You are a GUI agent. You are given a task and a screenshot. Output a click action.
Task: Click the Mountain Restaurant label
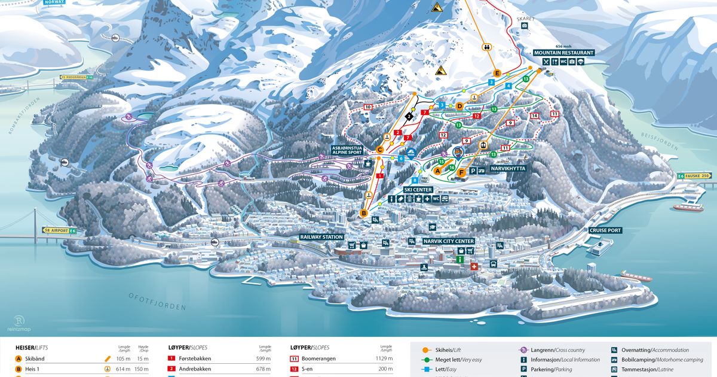[565, 53]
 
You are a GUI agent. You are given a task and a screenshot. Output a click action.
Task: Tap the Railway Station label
[321, 237]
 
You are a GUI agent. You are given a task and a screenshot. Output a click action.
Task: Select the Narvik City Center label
[449, 241]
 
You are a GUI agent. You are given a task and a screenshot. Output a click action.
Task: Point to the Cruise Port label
[605, 230]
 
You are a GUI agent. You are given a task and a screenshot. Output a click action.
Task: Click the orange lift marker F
[461, 172]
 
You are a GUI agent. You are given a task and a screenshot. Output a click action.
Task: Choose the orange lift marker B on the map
[363, 213]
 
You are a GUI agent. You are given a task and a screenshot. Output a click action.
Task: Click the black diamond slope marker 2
[409, 115]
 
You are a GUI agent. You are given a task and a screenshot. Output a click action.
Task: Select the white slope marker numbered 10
[367, 107]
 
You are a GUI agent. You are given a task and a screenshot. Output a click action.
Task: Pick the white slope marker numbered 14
[534, 115]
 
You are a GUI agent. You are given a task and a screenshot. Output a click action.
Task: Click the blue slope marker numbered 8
[415, 180]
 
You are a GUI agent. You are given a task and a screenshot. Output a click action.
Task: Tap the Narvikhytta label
[508, 169]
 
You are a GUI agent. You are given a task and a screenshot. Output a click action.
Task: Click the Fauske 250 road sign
[697, 175]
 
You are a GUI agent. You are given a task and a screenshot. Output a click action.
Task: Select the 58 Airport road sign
[60, 230]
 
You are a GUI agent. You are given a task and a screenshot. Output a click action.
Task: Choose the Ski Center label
[418, 189]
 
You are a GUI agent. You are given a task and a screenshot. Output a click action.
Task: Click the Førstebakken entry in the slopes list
[194, 358]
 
